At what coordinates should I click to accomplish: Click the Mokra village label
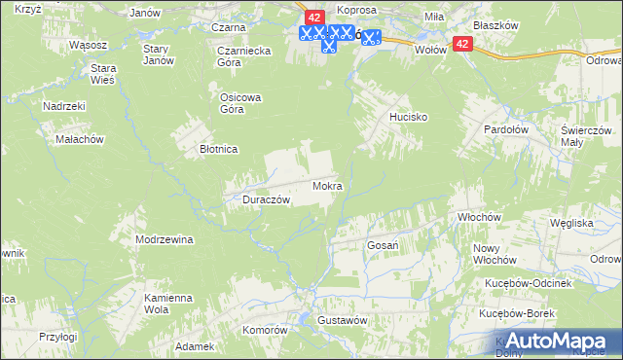click(x=327, y=185)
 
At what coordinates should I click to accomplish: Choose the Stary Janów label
click(x=158, y=54)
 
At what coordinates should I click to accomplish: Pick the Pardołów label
click(x=507, y=128)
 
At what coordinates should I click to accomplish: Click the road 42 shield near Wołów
click(x=461, y=44)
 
